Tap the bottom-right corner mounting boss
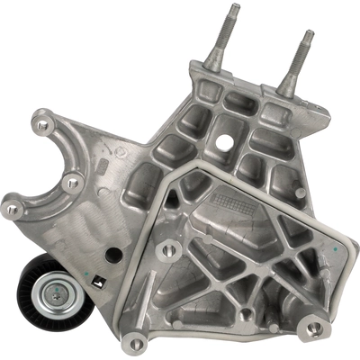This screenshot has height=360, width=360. [x=314, y=327]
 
